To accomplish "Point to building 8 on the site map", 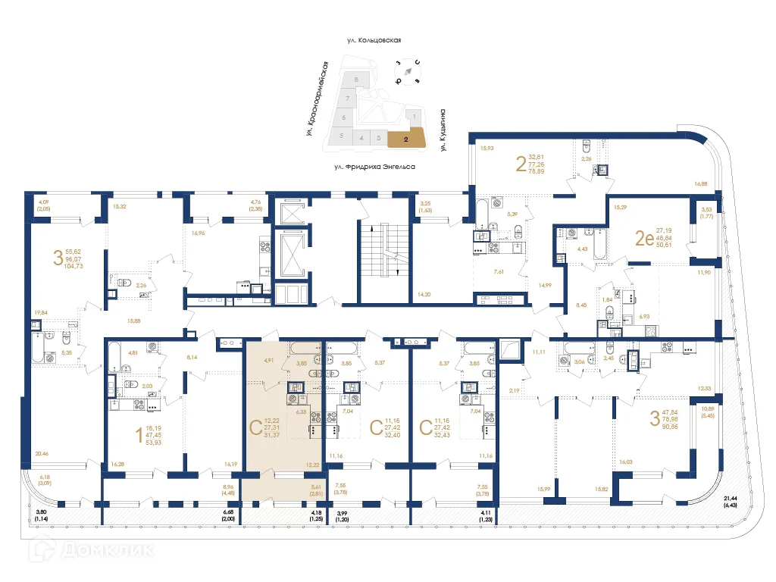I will (355, 80).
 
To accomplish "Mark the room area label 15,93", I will (487, 149).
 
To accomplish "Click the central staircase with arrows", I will (384, 250).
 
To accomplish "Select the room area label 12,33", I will (704, 389).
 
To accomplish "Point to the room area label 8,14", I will (193, 358).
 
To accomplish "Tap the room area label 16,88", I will (701, 183).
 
